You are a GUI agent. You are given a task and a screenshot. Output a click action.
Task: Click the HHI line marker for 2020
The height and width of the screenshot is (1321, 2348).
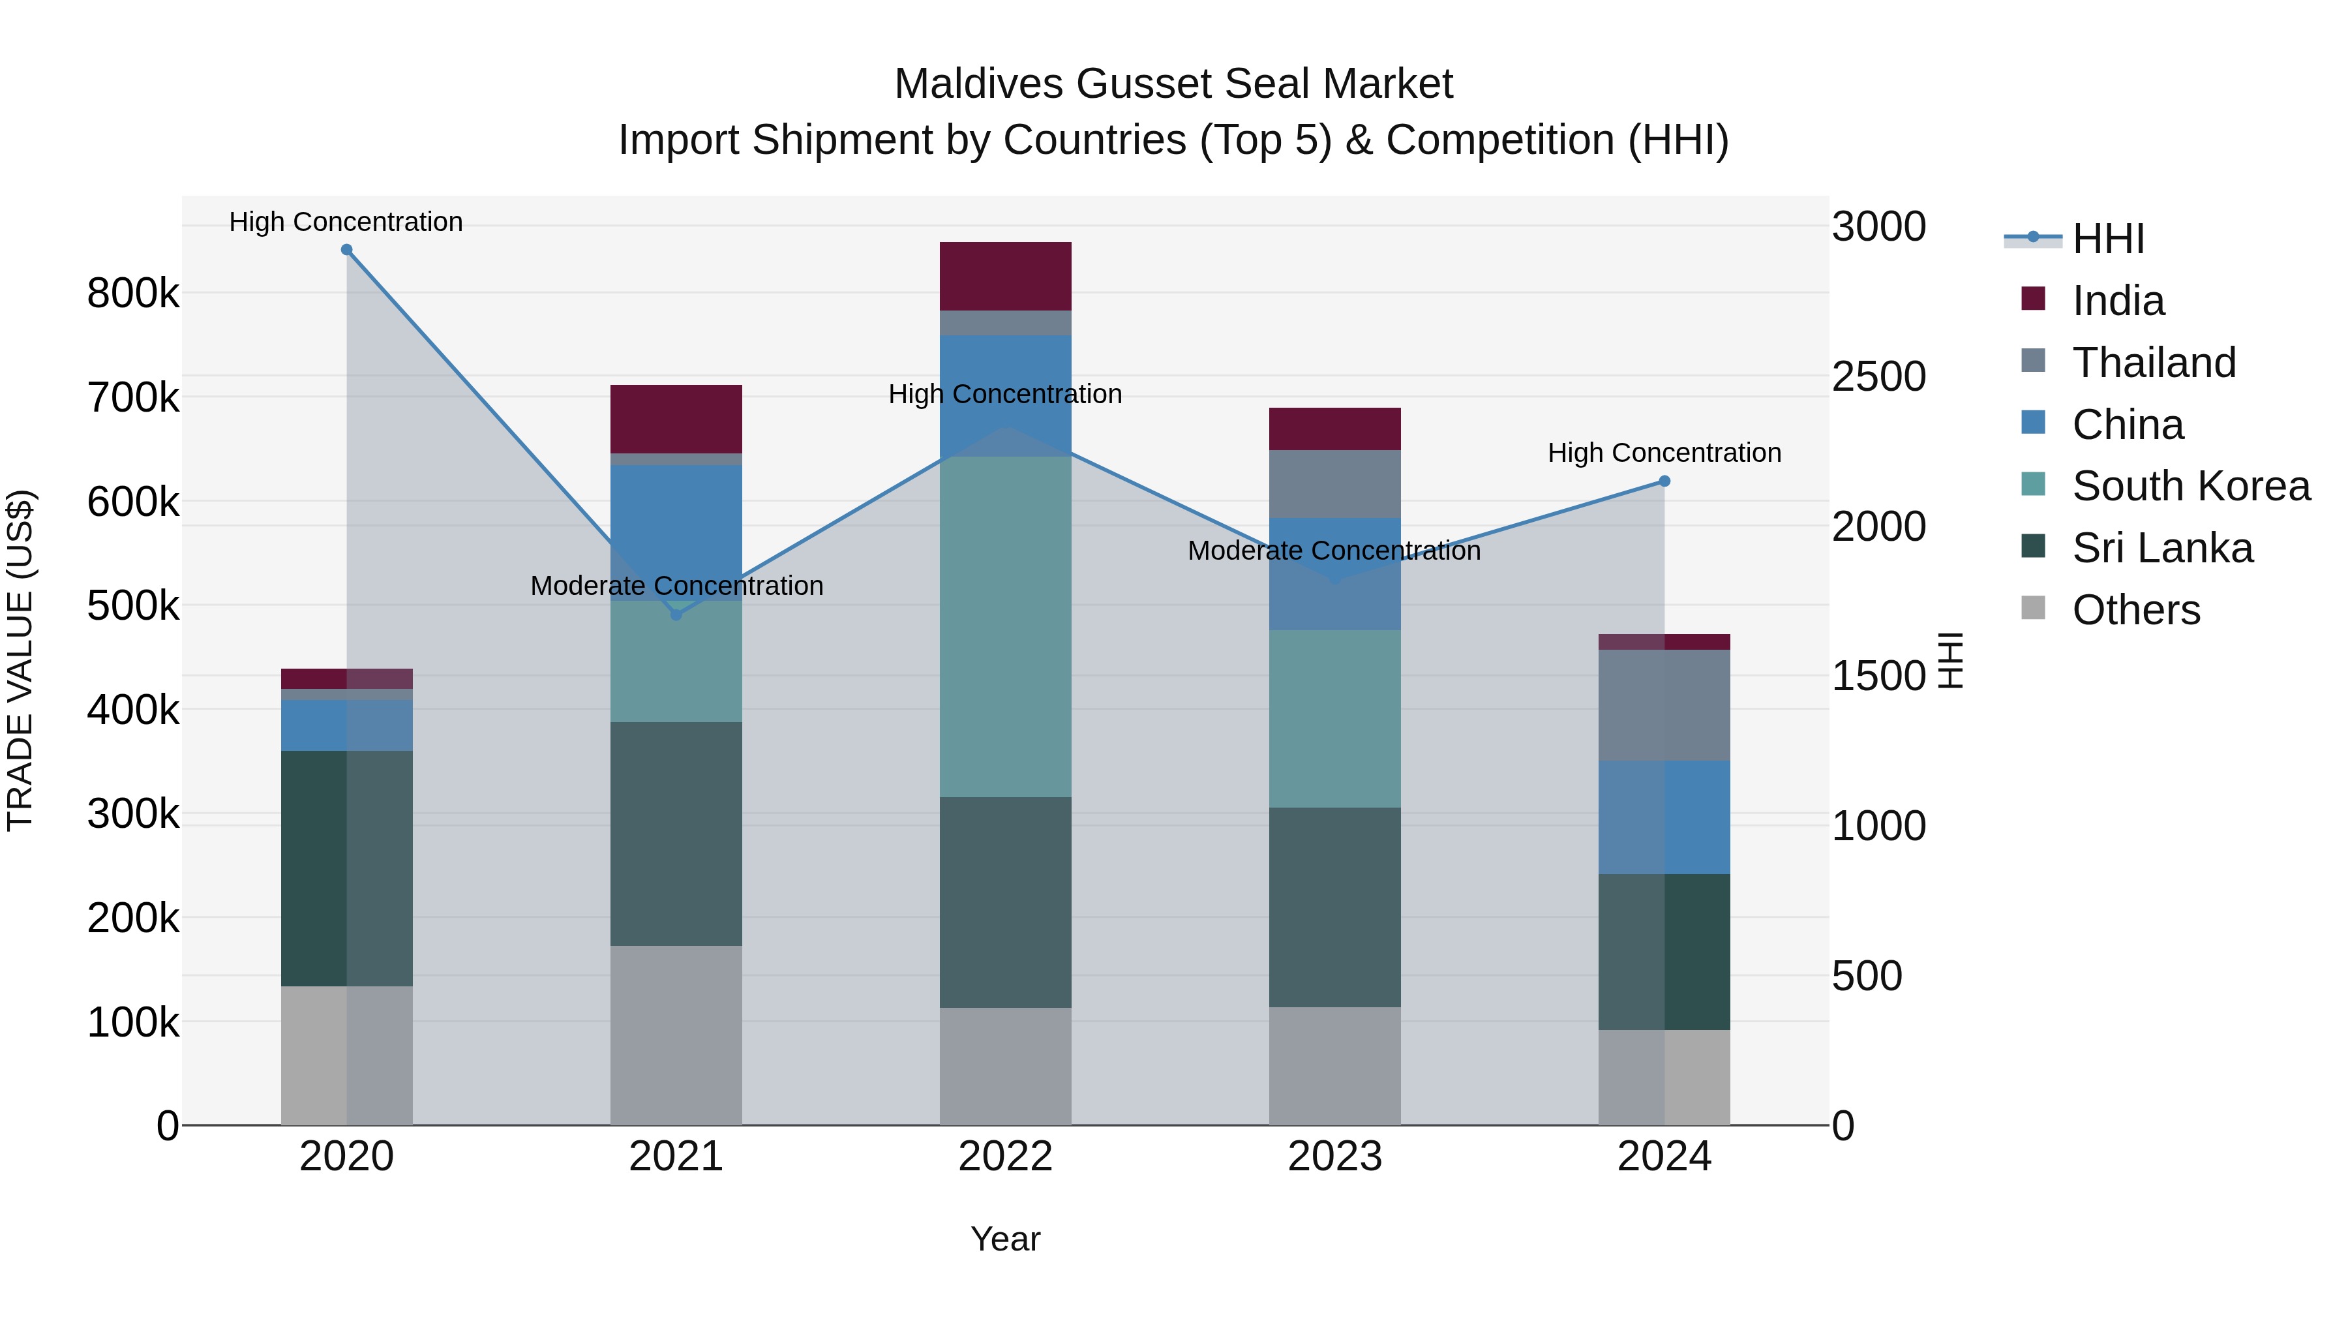tap(346, 250)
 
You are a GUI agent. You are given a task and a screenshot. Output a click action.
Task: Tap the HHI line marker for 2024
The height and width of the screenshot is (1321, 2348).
tap(1664, 481)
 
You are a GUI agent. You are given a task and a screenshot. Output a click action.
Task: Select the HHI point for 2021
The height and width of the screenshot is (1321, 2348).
tap(676, 615)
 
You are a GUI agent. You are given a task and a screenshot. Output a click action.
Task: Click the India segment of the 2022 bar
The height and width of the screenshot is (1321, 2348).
tap(1005, 276)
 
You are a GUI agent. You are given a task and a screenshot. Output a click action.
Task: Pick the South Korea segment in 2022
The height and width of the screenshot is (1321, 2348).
tap(1005, 627)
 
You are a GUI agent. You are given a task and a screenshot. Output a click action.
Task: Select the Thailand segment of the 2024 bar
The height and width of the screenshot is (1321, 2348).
tap(1664, 706)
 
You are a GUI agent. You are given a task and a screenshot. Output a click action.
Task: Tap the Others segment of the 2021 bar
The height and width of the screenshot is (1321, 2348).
tap(676, 1035)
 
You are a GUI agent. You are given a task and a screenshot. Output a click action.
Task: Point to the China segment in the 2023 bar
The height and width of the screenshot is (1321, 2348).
tap(1334, 574)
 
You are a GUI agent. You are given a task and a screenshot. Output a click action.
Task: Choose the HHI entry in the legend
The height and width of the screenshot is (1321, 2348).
tap(2107, 239)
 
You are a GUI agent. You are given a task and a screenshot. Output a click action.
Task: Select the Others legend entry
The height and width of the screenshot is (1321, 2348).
tap(2135, 610)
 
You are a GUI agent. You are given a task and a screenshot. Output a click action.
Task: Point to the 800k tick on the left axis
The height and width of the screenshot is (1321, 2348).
tap(133, 294)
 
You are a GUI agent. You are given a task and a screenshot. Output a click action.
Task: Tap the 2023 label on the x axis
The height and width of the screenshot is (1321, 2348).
tap(1334, 1157)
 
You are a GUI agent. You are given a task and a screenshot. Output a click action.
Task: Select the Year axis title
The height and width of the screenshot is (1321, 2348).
tap(1005, 1239)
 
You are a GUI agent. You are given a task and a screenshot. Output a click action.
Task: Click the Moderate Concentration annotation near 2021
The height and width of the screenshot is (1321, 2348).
tap(676, 585)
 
